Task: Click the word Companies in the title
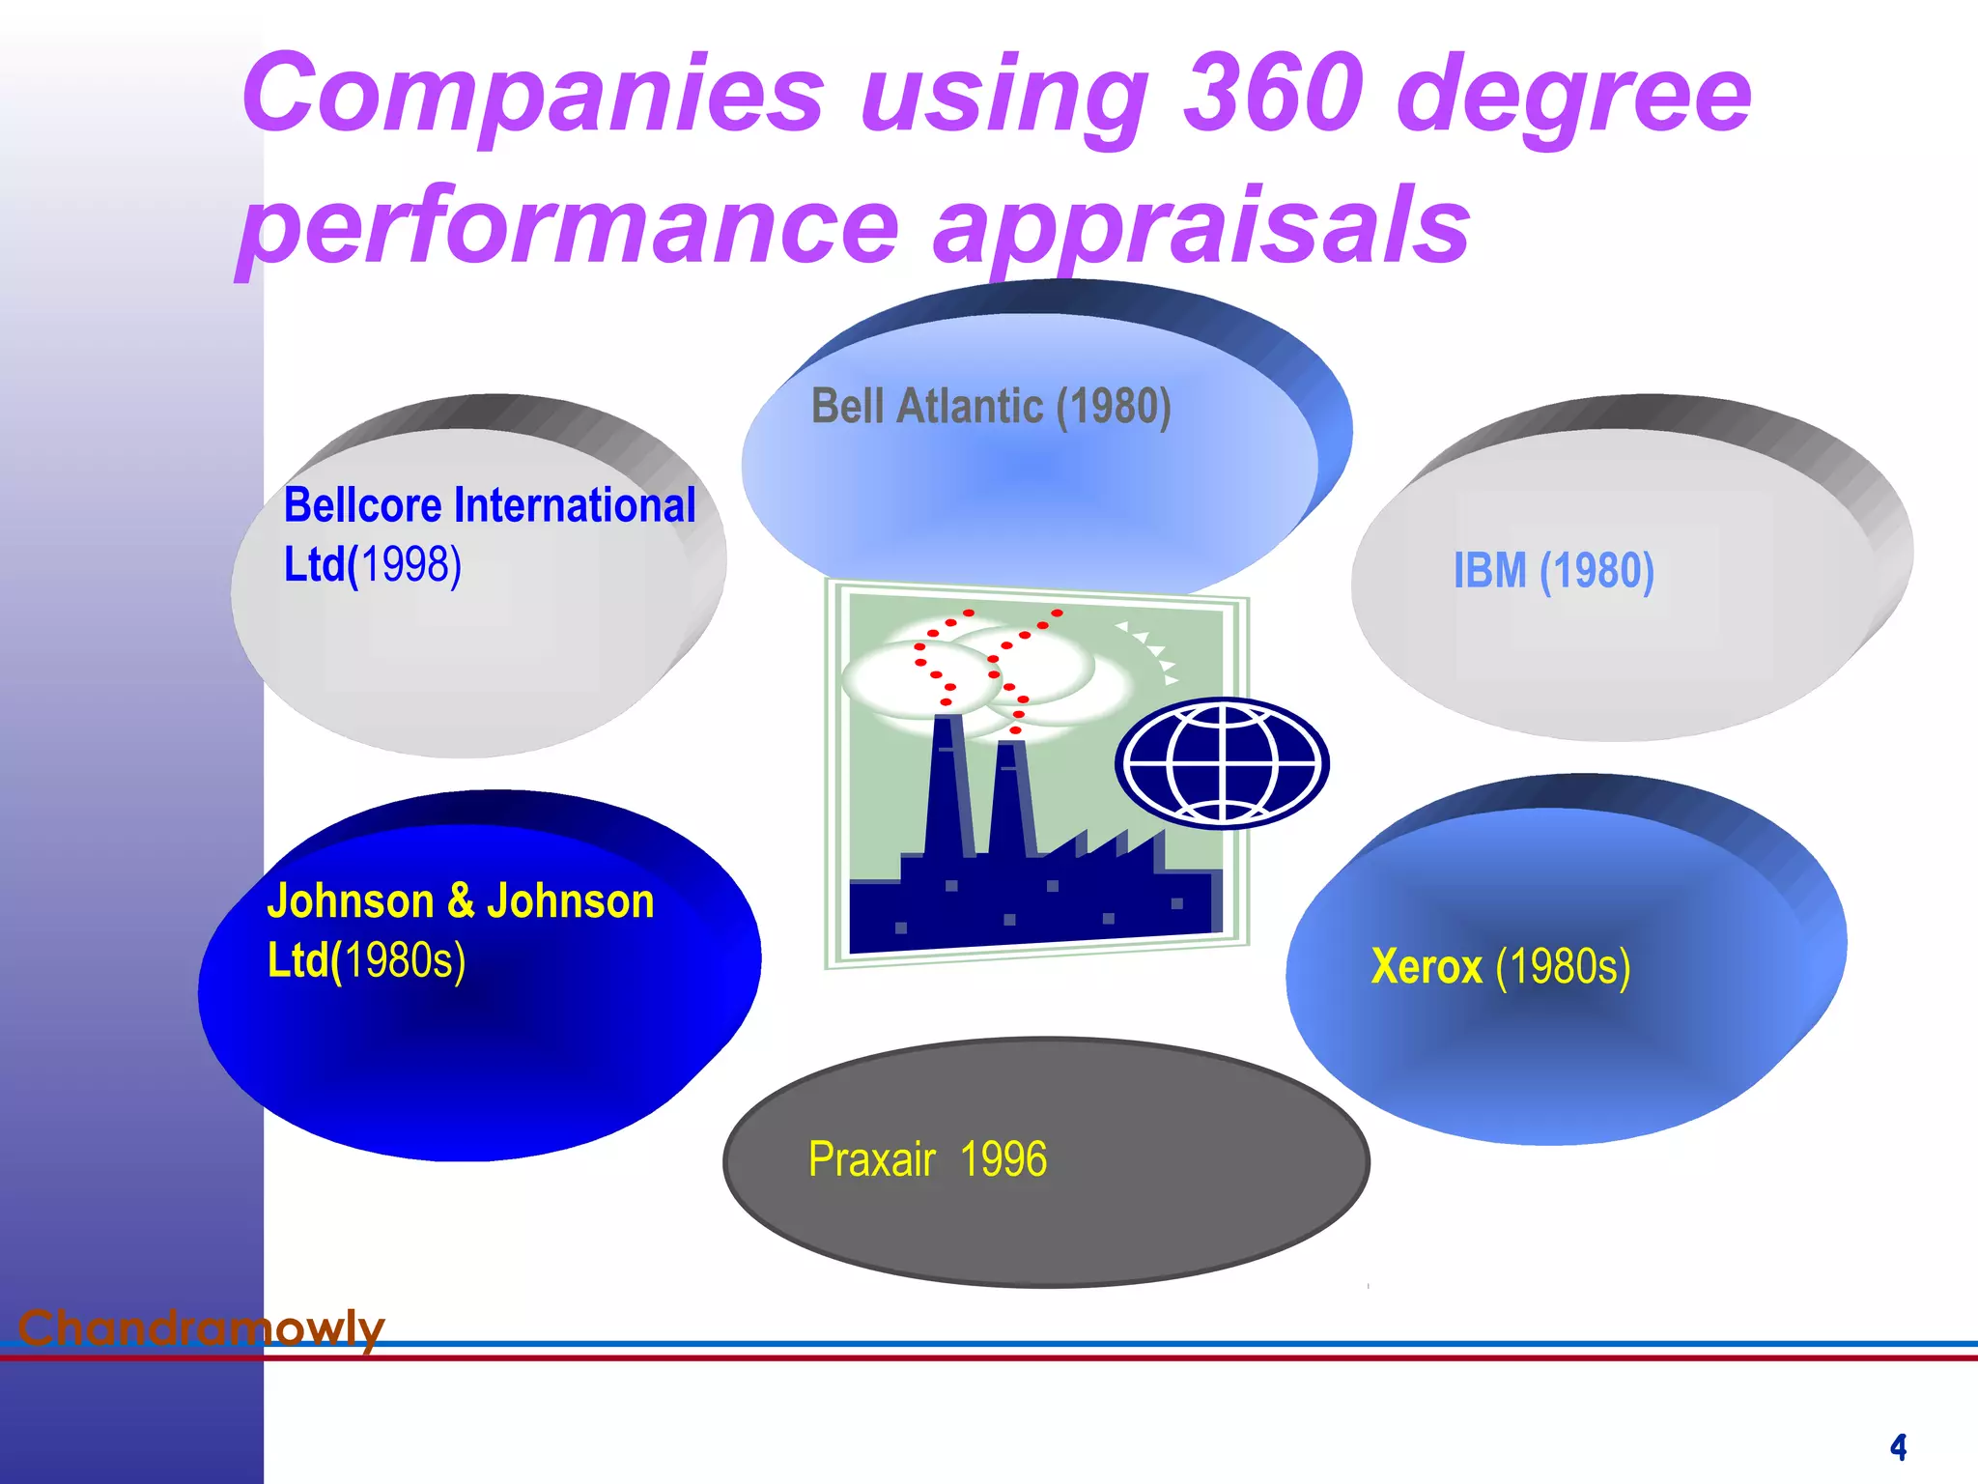(x=532, y=94)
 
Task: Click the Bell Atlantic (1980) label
(x=991, y=406)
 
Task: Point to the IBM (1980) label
(x=1553, y=570)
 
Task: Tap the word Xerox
(x=1427, y=966)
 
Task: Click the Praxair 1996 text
(x=927, y=1159)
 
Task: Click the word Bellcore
(x=363, y=505)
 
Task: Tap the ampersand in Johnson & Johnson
(x=461, y=900)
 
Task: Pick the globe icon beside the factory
(x=1223, y=763)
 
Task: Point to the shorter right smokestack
(x=1010, y=802)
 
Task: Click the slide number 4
(x=1898, y=1447)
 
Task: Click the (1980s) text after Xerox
(x=1563, y=966)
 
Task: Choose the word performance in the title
(x=570, y=228)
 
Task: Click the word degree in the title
(x=1573, y=94)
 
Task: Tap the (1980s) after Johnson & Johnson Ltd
(x=404, y=960)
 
